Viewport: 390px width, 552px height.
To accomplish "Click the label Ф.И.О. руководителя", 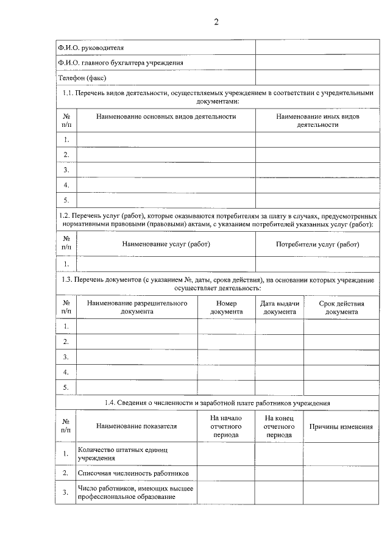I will click(90, 47).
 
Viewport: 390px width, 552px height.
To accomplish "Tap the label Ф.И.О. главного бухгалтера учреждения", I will click(120, 62).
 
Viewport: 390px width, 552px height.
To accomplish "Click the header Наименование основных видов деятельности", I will click(166, 116).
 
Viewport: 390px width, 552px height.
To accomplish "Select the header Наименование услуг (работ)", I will click(166, 244).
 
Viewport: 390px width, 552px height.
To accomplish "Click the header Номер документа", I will click(226, 307).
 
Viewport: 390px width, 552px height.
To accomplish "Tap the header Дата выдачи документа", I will click(280, 307).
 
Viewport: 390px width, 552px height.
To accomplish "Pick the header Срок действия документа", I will click(341, 307).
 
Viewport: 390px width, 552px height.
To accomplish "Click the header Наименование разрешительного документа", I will click(136, 307).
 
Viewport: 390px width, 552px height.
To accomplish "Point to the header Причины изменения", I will click(341, 426).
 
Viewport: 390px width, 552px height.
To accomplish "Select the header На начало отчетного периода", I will click(226, 426).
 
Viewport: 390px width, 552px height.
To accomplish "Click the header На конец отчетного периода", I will click(280, 426).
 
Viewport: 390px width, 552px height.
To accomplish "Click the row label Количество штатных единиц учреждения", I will click(122, 453).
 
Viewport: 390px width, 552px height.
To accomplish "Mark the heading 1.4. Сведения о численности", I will click(217, 403).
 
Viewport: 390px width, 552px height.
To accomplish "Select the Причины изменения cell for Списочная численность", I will click(341, 473).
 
